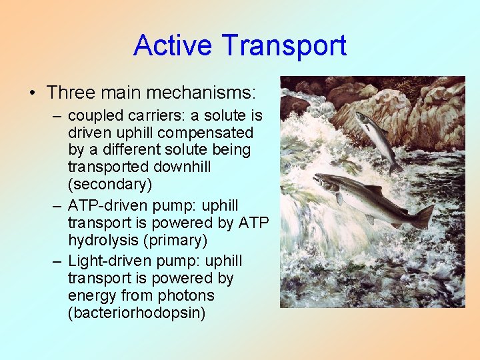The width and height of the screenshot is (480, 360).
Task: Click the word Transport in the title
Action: tap(285, 45)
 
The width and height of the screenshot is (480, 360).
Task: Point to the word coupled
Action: tap(93, 115)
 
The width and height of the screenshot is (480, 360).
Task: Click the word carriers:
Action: tap(151, 115)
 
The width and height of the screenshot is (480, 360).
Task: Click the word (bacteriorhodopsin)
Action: tap(136, 312)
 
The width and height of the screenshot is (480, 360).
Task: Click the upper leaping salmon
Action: tap(375, 137)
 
